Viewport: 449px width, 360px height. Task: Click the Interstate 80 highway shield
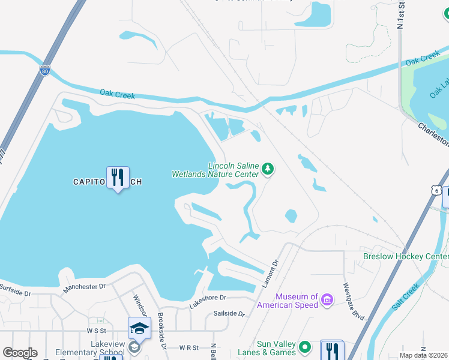click(44, 70)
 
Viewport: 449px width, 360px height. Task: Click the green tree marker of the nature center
click(268, 170)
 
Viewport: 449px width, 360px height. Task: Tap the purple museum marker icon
click(327, 299)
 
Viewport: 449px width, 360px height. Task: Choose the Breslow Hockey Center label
click(406, 256)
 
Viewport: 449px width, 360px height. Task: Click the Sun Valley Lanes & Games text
click(277, 348)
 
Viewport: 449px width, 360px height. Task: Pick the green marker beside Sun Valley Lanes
click(305, 347)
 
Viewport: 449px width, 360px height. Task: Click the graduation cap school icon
click(139, 328)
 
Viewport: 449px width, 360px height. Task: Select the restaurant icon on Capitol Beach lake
click(118, 178)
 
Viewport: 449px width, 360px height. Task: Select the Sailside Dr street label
click(229, 314)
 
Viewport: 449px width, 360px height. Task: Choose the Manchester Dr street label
click(85, 289)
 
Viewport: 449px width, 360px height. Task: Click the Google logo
click(20, 353)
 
